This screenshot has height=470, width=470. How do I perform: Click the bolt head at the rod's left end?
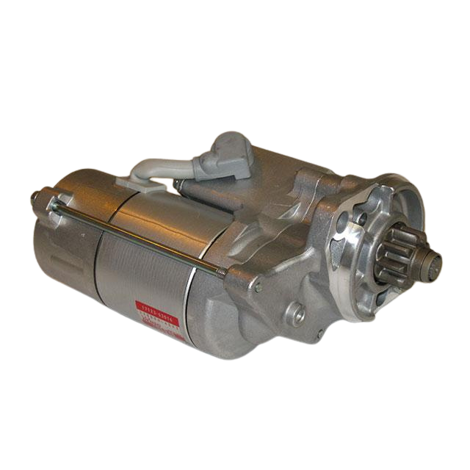click(x=35, y=197)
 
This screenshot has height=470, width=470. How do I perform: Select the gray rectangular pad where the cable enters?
click(x=151, y=184)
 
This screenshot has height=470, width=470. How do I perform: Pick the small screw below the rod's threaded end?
click(x=258, y=287)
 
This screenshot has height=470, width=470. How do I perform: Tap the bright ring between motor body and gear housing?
click(x=192, y=308)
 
